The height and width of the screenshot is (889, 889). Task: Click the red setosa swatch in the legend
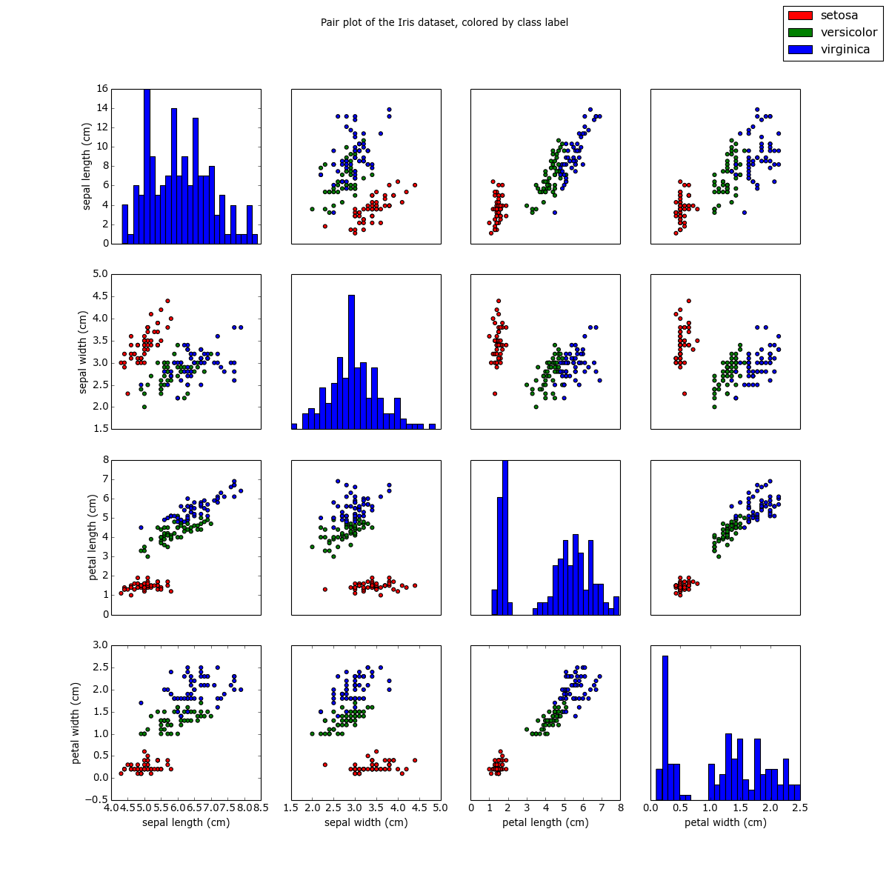(800, 16)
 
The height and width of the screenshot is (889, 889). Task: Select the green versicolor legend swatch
(800, 33)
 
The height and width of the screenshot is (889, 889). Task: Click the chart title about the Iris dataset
(444, 22)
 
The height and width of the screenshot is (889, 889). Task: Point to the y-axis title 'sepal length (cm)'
(87, 167)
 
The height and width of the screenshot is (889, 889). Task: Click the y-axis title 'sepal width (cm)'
(84, 352)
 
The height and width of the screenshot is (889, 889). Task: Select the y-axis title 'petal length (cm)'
(93, 537)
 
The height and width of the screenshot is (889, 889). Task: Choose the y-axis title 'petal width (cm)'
(76, 722)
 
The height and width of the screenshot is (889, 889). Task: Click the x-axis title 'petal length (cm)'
(545, 822)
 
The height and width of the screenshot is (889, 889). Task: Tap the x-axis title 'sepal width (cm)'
(366, 822)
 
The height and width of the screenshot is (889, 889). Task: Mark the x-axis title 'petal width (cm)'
(725, 822)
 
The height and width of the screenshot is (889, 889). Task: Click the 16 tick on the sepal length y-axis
(102, 88)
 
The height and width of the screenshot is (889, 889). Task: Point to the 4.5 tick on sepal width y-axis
(99, 296)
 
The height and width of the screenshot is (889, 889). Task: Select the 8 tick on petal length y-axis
(104, 460)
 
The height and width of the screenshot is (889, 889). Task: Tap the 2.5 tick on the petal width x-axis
(800, 808)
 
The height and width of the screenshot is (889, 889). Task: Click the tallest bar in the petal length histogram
(505, 537)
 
